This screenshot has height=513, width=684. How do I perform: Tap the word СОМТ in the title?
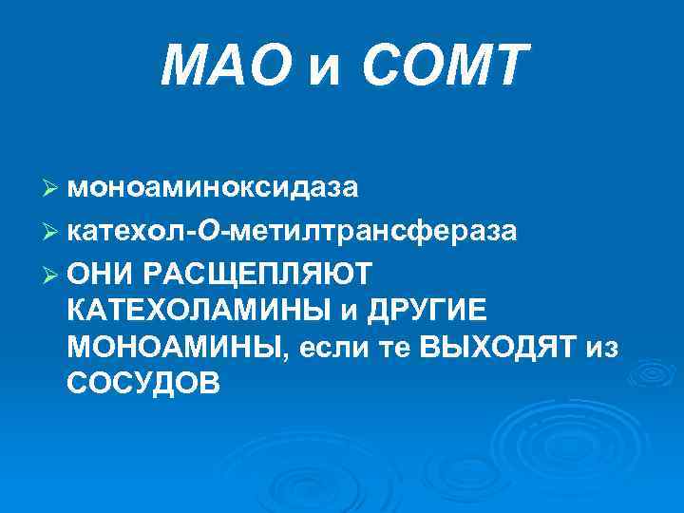pyautogui.click(x=444, y=67)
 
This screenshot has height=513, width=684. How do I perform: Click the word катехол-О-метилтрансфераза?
pyautogui.click(x=293, y=231)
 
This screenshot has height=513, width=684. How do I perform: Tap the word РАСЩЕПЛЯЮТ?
pyautogui.click(x=259, y=275)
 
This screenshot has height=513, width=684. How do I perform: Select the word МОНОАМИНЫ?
pyautogui.click(x=174, y=347)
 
